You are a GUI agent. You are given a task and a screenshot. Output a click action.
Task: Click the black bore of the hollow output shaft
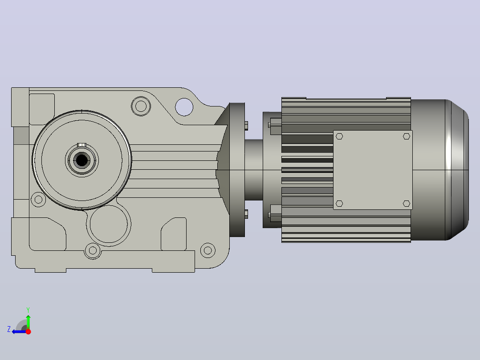coord(81,160)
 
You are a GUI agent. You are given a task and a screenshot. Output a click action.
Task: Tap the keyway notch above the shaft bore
coord(82,145)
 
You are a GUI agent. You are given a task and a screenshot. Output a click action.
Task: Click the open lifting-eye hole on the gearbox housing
coord(184,107)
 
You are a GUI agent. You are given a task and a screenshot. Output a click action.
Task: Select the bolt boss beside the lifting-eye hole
coord(141,106)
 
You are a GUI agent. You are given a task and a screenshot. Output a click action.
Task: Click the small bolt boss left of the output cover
coord(38,200)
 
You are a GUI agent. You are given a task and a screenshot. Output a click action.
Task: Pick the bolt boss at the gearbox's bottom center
coord(93,251)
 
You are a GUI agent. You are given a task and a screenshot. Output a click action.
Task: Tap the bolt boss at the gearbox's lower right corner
coord(207,250)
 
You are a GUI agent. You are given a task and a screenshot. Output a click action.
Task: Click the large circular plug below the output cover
coord(109,224)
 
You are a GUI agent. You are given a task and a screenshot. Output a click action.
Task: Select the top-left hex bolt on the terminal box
coord(339,136)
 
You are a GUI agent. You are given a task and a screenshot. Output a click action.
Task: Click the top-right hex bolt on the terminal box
coord(406,136)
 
